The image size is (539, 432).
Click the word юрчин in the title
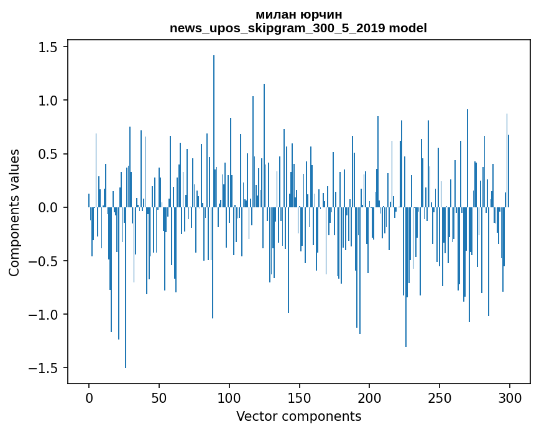[325, 15]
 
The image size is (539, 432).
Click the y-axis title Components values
[14, 212]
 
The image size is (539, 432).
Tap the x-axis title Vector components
[298, 416]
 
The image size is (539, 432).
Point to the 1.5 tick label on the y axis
[49, 47]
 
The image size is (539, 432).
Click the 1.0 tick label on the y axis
[49, 101]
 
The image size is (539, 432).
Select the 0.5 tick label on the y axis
[49, 154]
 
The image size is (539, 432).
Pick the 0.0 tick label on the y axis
[49, 207]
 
